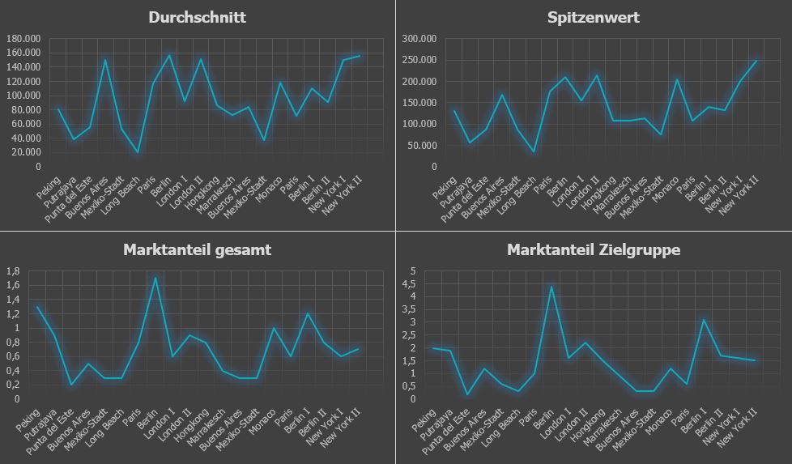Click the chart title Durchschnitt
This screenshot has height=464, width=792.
coord(197,17)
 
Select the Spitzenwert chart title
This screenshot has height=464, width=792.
coord(594,17)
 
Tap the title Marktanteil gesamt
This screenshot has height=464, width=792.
coord(197,249)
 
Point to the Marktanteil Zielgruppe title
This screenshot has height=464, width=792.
coord(594,249)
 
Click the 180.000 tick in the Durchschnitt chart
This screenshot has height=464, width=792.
coord(23,38)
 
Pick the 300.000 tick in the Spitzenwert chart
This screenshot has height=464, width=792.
coord(419,38)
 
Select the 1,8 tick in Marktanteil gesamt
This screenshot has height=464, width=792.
coord(13,271)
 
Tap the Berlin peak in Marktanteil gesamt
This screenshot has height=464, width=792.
coord(155,277)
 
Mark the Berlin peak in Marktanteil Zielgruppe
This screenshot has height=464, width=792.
coord(551,287)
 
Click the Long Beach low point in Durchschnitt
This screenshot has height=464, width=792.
coord(138,152)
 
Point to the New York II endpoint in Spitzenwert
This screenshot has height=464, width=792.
coord(756,61)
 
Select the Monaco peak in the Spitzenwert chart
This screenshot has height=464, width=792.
coord(677,79)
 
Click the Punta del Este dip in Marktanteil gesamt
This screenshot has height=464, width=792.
coord(71,385)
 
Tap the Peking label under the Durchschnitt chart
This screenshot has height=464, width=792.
coord(49,187)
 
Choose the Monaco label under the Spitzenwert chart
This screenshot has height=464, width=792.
coord(665,189)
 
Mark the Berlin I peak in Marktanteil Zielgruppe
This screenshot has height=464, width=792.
coord(703,320)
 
